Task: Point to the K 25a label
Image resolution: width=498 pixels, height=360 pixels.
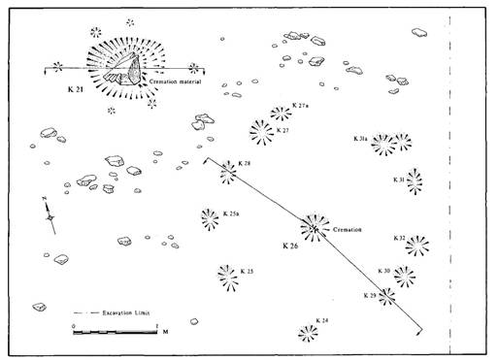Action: click(231, 213)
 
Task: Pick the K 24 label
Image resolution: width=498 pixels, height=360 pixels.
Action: click(321, 320)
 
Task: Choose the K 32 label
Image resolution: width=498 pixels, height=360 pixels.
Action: click(400, 237)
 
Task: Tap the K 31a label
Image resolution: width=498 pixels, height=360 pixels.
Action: click(358, 140)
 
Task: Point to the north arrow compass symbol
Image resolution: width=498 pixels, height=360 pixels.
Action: click(50, 214)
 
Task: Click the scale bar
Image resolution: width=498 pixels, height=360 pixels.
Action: click(115, 332)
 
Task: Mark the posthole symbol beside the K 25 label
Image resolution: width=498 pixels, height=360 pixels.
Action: click(228, 278)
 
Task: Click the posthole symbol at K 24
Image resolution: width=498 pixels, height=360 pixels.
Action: click(308, 333)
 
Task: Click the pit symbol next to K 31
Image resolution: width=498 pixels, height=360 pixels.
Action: click(415, 181)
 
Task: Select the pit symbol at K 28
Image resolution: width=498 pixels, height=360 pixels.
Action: click(227, 173)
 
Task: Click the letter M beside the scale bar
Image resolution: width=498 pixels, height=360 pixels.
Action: click(165, 332)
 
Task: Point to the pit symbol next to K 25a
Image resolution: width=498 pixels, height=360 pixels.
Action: click(210, 218)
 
